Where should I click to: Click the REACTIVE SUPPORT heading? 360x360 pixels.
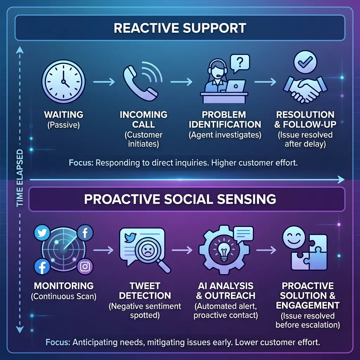pos(180,28)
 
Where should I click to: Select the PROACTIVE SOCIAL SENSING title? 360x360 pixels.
pos(180,199)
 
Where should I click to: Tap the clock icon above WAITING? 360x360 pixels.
pos(63,81)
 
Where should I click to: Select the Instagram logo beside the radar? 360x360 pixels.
pos(85,267)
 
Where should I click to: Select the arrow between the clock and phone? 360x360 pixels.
pos(104,82)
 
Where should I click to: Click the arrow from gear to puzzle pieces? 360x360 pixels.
pos(266,250)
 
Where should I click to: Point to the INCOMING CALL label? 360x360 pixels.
pos(143,120)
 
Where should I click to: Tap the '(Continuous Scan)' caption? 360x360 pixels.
pos(63,296)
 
